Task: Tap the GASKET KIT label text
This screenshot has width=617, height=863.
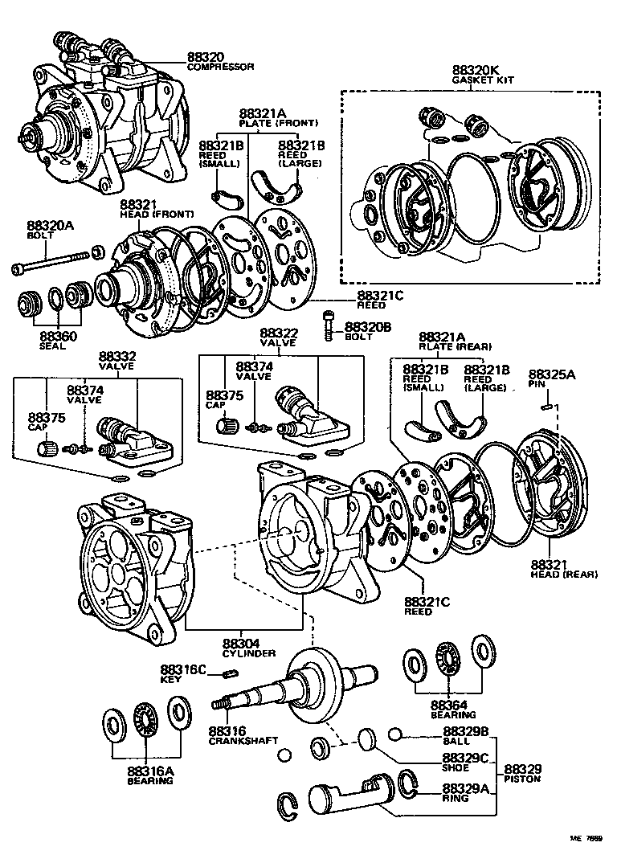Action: [482, 80]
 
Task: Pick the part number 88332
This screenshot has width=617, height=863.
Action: [117, 356]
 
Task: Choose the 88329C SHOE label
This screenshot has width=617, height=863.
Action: [465, 763]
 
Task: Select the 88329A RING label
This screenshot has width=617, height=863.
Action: [465, 794]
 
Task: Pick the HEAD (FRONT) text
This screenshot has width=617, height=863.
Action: [146, 215]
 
